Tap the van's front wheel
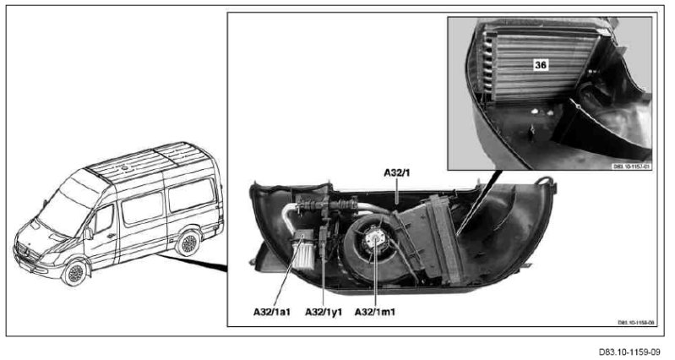[77, 272]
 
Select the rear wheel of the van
[187, 244]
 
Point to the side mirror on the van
[89, 232]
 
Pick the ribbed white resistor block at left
[302, 251]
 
